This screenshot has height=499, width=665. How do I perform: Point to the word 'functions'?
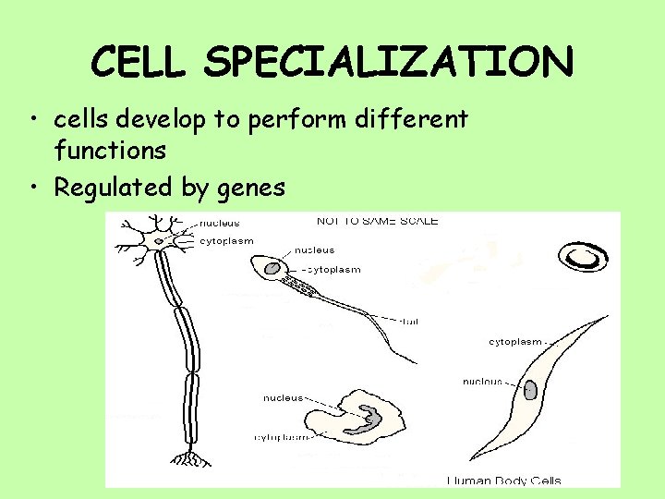tap(110, 149)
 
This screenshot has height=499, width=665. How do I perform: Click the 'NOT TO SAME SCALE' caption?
tap(377, 221)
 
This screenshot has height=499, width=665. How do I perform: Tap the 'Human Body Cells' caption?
tap(503, 481)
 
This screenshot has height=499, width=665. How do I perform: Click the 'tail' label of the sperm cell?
tap(411, 321)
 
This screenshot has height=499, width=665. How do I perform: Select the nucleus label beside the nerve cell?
tap(221, 223)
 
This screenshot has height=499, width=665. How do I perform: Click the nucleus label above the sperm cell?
tap(315, 249)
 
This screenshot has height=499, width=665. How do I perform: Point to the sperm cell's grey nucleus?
tap(272, 269)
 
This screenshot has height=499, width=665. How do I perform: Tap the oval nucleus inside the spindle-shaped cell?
tap(531, 391)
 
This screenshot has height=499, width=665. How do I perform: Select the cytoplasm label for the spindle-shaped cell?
tap(515, 342)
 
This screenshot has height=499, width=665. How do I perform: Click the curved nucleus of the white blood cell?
tap(367, 418)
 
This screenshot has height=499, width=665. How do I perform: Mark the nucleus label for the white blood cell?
tap(282, 398)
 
